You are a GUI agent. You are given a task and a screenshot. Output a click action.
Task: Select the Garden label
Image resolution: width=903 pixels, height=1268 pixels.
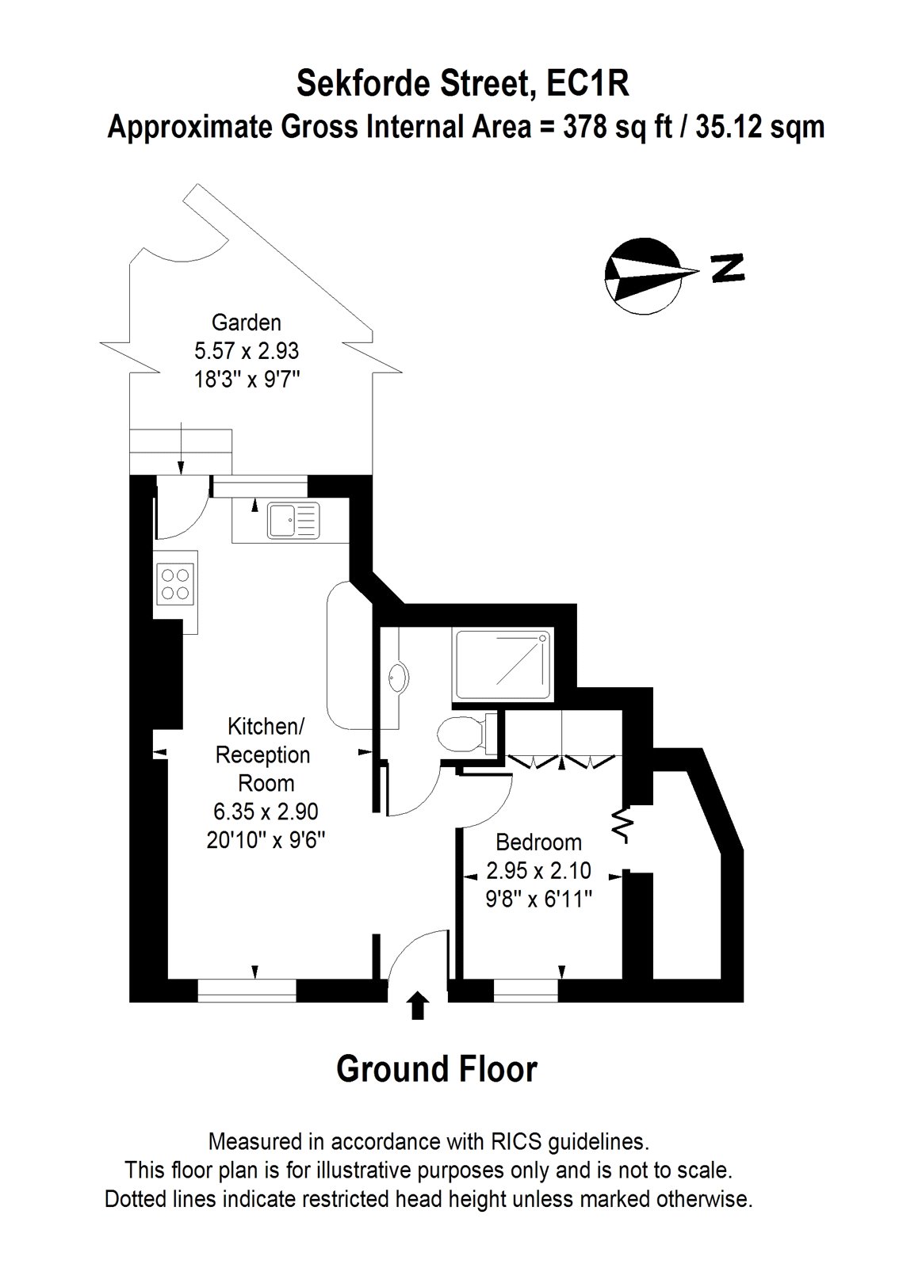coord(246,323)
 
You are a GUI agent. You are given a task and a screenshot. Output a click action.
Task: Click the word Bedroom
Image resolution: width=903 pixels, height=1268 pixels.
coord(538,842)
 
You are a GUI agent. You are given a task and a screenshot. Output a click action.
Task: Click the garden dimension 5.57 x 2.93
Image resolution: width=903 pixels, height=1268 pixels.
coord(246,350)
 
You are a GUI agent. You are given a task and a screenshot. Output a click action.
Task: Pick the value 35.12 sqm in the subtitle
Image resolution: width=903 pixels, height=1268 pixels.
coord(760,127)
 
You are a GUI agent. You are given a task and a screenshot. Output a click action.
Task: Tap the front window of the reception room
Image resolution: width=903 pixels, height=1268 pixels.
coord(247,991)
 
